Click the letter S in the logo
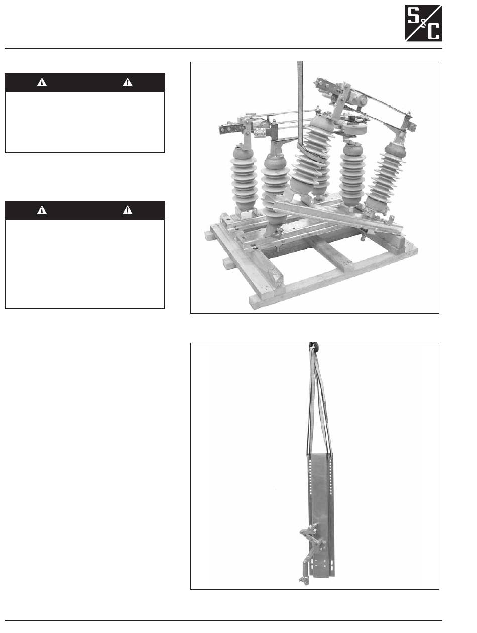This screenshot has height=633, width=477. tap(412, 16)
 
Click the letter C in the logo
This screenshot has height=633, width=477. tap(433, 31)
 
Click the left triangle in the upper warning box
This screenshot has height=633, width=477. tap(42, 82)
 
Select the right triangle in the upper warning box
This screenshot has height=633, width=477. tap(127, 82)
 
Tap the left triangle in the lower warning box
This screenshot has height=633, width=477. tap(42, 210)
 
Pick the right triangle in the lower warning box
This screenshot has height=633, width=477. tap(127, 210)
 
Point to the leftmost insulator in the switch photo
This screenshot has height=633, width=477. tap(244, 179)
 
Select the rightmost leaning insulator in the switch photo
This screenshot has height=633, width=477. tap(386, 176)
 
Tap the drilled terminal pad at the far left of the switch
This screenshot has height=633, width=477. tap(229, 128)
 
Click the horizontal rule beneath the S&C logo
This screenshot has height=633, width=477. tap(223, 48)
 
